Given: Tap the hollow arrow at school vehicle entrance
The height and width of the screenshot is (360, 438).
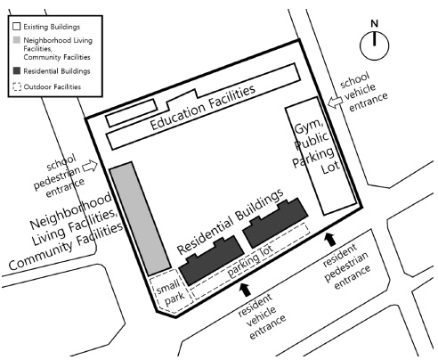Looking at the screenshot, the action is pos(335,102).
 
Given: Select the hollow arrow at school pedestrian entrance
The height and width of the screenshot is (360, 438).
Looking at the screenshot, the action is pos(90,166).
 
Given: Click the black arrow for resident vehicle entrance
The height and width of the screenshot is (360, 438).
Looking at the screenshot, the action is pos(245,290).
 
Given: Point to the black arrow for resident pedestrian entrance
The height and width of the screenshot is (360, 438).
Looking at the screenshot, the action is pos(330,240).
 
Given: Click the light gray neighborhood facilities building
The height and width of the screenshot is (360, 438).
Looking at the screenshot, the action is pos(140,218).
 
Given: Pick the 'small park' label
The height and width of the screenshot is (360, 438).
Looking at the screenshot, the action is pos(172,291).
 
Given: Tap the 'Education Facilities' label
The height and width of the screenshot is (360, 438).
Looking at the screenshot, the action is pos(203,107).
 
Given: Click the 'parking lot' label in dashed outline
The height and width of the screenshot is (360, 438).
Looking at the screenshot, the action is pos(249,260).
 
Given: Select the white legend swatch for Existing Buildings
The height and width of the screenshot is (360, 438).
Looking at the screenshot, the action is pos(17,27).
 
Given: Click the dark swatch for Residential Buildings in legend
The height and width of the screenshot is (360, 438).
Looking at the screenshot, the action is pos(17,71).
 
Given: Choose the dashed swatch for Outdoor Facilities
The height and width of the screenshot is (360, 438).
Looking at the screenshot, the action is pos(17,86).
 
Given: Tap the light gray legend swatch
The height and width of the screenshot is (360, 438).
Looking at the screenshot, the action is pos(17,40).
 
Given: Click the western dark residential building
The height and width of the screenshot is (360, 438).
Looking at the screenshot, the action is pos(212,260).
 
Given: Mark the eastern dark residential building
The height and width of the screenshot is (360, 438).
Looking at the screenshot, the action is pos(275,222).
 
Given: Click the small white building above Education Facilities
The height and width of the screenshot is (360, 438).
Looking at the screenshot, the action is pos(132,113).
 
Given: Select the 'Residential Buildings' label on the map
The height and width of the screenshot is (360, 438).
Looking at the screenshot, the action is pos(231,222).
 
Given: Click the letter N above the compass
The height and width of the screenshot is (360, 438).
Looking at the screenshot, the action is pos(375,23).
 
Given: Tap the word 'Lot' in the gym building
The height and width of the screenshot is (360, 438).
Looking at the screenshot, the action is pos(330,168).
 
